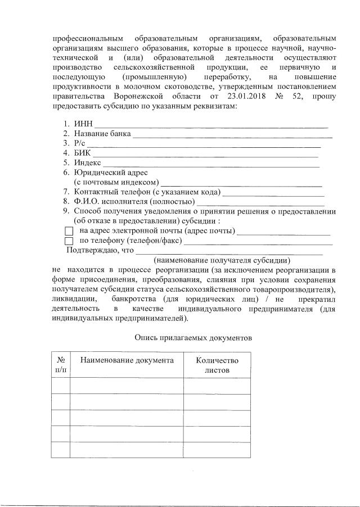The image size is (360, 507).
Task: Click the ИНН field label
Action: [x=82, y=124]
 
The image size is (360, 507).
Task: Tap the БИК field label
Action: [x=82, y=153]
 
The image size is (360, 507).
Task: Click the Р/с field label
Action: [x=79, y=143]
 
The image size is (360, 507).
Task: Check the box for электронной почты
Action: [x=69, y=231]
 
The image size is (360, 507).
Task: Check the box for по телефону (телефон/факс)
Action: [x=69, y=241]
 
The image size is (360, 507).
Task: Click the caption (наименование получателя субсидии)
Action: [x=222, y=260]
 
